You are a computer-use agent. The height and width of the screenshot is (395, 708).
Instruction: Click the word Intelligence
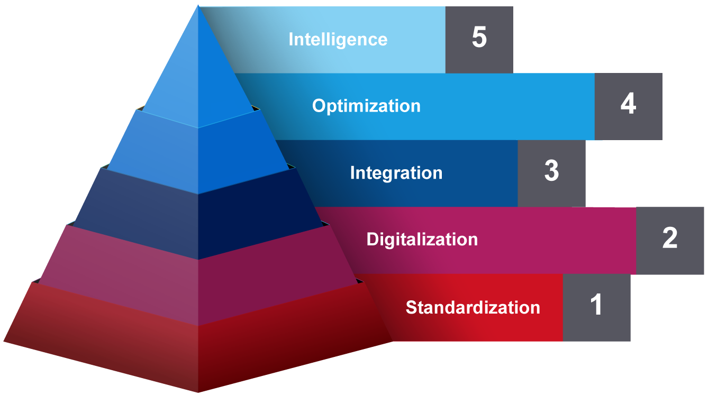338,40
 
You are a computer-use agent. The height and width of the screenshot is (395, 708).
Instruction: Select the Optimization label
366,106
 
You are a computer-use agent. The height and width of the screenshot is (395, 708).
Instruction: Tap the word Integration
396,173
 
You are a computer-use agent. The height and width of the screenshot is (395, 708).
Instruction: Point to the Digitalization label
422,240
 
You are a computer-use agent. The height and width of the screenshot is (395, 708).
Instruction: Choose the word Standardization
473,307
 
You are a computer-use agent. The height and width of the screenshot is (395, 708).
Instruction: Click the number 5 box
479,39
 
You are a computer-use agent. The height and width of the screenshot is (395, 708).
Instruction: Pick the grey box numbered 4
628,106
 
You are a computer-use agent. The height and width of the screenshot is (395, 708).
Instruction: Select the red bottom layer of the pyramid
198,354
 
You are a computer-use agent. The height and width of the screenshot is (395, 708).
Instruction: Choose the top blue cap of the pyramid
198,79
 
